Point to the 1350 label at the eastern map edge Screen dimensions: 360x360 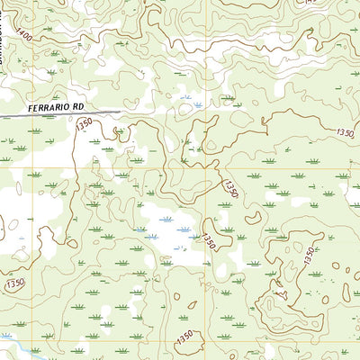(346, 132)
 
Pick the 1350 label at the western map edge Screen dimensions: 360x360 (14, 283)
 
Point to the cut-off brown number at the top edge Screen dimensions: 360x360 (310, 3)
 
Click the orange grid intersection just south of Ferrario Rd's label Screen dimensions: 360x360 (29, 166)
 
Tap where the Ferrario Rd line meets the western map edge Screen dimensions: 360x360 (2, 117)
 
